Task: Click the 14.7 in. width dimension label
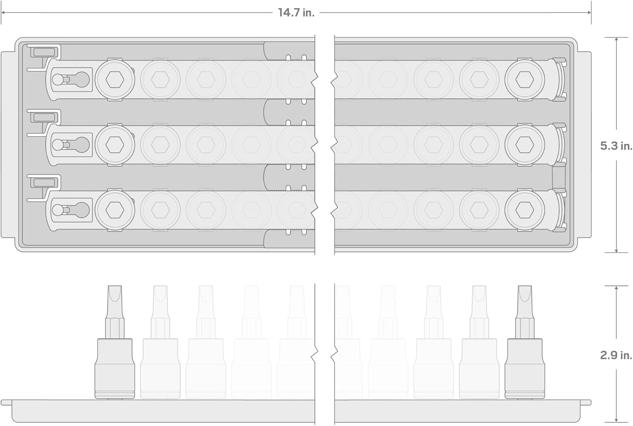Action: [296, 13]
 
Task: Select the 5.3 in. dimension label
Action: [616, 146]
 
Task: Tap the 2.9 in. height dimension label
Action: [616, 355]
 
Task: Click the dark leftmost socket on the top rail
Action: [114, 79]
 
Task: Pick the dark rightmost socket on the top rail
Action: [525, 79]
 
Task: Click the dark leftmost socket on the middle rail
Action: [114, 145]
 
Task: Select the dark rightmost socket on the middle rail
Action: [525, 145]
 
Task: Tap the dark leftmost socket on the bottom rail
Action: [114, 210]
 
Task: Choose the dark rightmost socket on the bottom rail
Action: [525, 210]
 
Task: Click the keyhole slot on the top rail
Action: [70, 79]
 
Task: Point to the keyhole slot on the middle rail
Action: [70, 145]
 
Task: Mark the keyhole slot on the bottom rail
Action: [70, 210]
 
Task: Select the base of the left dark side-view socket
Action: [115, 394]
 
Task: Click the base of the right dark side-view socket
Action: [525, 394]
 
